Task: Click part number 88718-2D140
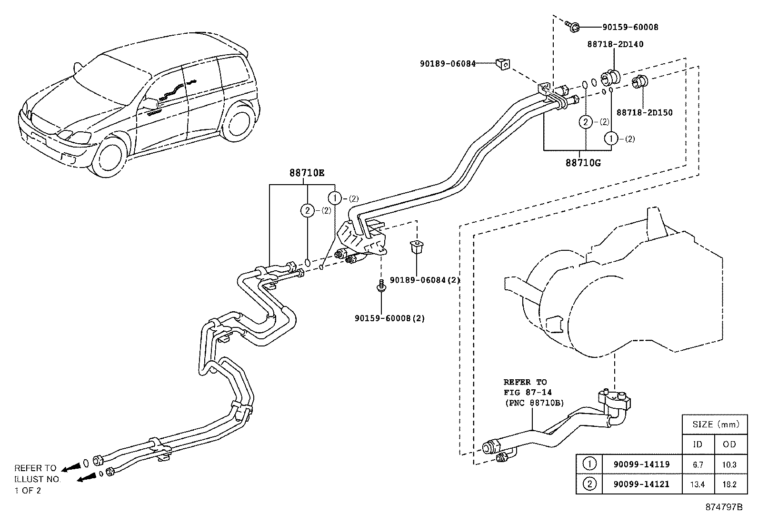615,44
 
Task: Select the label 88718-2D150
644,113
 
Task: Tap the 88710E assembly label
307,173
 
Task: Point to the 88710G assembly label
583,163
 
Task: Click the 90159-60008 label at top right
630,27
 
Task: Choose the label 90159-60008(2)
389,318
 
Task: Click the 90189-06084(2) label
425,280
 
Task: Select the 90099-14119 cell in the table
641,464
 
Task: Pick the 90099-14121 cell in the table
641,484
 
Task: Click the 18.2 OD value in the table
729,484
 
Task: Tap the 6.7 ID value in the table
698,464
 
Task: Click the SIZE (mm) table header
714,424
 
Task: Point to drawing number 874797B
724,507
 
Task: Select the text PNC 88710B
534,403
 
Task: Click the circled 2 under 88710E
308,210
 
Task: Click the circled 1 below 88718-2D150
610,139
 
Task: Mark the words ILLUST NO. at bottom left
37,479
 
